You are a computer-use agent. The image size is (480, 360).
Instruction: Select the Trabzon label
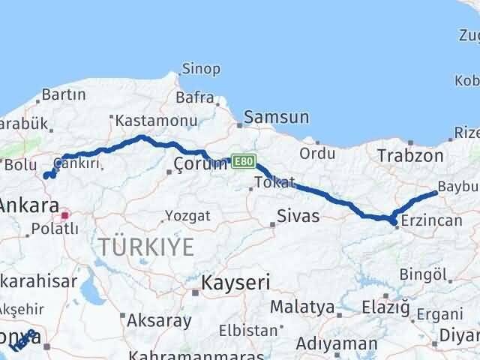coord(411,155)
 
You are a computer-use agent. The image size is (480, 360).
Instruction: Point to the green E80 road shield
coord(244,160)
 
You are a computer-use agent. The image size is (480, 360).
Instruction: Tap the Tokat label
coord(274,182)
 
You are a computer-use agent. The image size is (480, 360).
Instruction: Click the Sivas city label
coord(298,217)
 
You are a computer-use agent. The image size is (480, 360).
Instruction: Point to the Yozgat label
coord(187,215)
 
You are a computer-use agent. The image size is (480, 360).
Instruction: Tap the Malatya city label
coord(301,307)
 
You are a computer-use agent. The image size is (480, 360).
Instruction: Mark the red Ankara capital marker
coord(65,215)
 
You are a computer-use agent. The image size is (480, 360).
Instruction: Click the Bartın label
coord(64,95)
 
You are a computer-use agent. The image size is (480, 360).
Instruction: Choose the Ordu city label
coord(317,153)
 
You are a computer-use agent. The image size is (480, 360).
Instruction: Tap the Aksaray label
coord(159,320)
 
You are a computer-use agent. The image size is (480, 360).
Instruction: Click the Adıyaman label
coord(336,344)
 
